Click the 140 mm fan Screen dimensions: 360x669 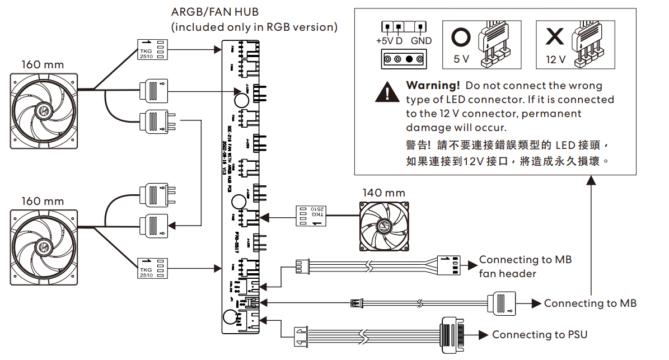(x=383, y=226)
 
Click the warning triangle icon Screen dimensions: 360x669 (x=387, y=91)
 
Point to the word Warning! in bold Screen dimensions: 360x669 (x=433, y=86)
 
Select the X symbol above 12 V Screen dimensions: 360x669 (x=555, y=38)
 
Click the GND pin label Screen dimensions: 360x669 (x=421, y=41)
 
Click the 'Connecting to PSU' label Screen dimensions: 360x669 (x=540, y=335)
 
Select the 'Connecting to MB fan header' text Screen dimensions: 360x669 (x=525, y=267)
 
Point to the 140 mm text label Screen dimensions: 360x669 (x=383, y=192)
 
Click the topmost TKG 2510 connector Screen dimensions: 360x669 (x=153, y=49)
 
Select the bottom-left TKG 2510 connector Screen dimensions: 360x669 (x=153, y=268)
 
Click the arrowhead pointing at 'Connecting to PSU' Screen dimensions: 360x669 (x=483, y=335)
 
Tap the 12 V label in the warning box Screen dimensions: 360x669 (x=556, y=59)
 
